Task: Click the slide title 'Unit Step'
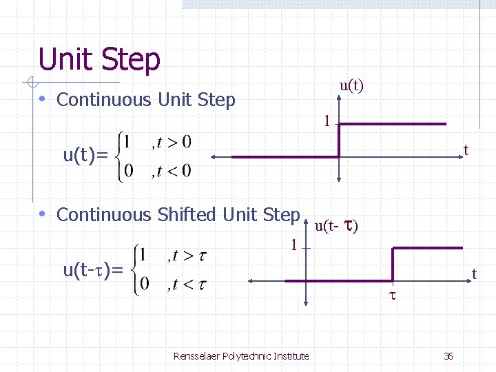tap(99, 59)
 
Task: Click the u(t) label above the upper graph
tap(351, 85)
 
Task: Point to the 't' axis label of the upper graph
tap(466, 150)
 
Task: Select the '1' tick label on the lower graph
tap(293, 245)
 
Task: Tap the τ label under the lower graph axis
tap(393, 295)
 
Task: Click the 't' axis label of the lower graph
tap(474, 274)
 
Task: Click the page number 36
tap(448, 355)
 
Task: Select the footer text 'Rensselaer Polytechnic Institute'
tap(241, 355)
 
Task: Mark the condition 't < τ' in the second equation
tap(191, 283)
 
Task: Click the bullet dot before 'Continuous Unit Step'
tap(43, 99)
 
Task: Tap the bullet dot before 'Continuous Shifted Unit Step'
tap(43, 214)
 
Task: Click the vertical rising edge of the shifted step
tap(393, 264)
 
